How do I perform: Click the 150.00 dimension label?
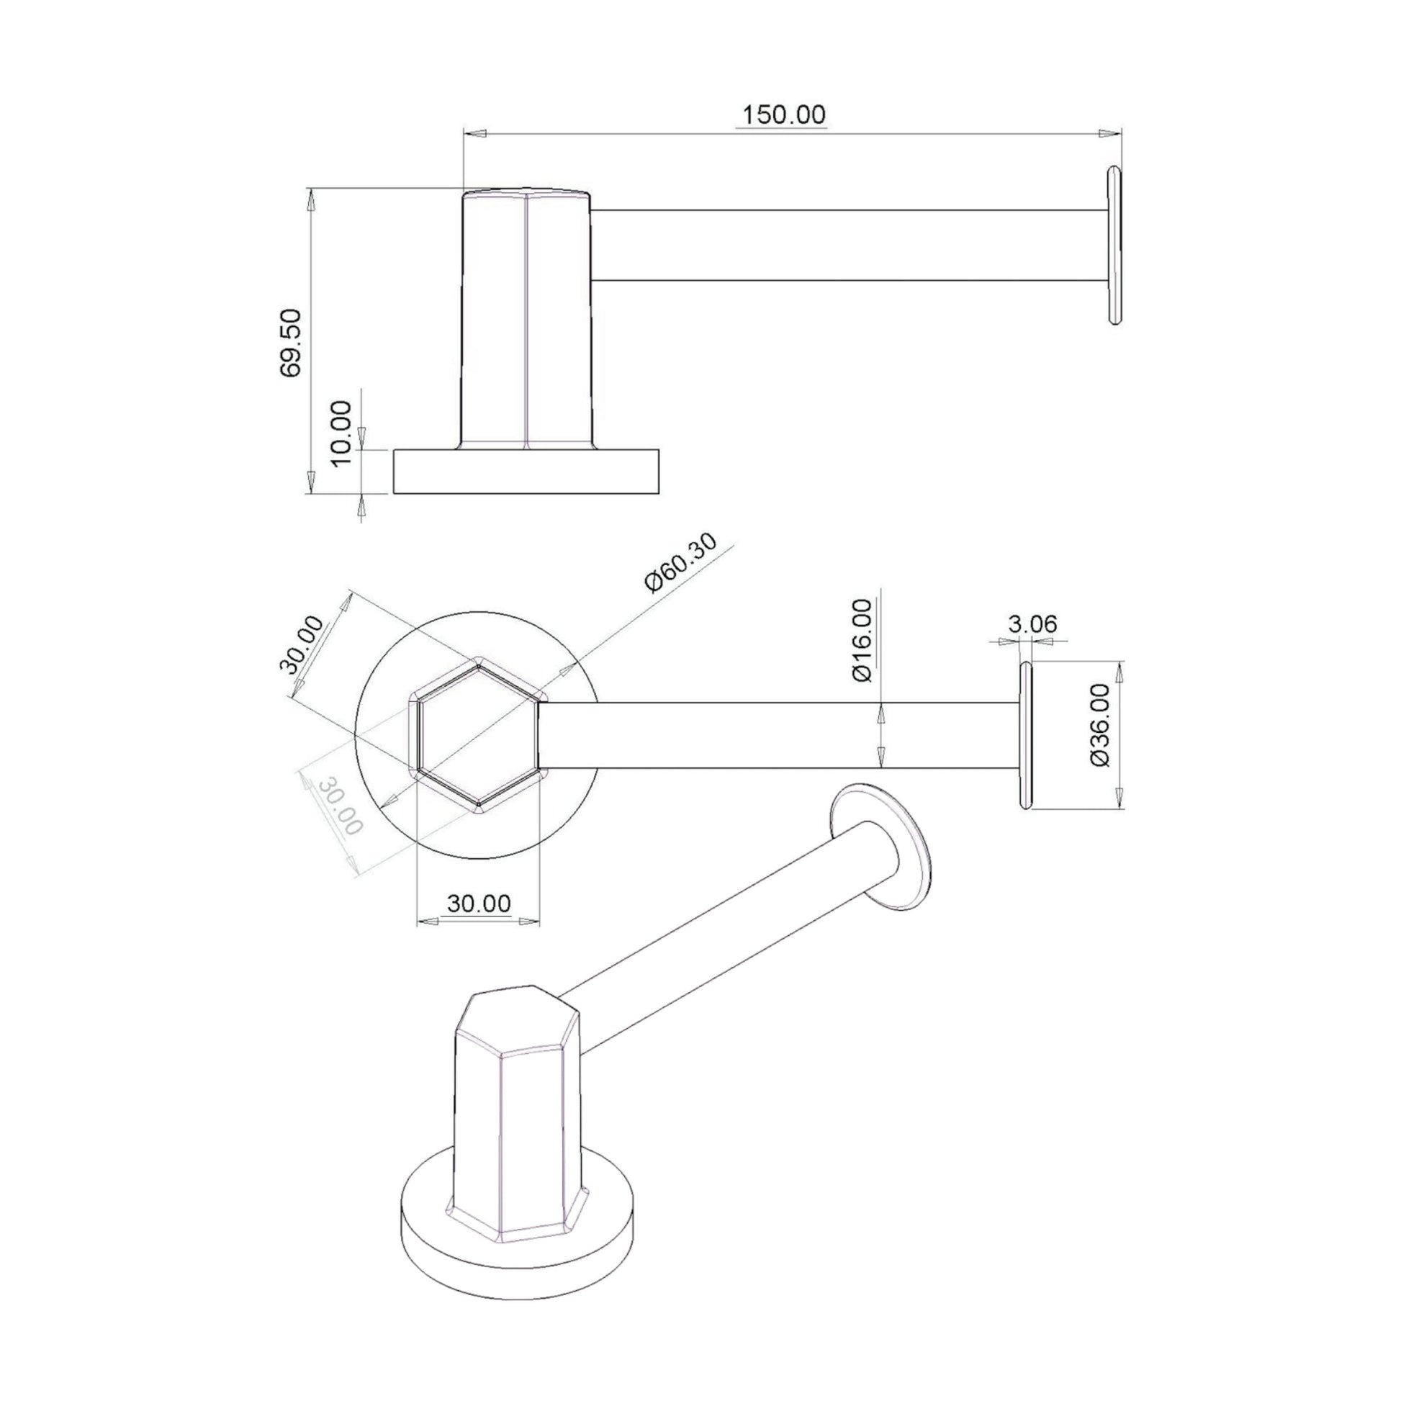click(x=784, y=115)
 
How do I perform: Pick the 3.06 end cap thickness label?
click(x=1032, y=623)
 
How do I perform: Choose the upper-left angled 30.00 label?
click(x=302, y=644)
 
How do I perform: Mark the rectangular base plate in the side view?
click(x=526, y=472)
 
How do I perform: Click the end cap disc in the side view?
click(x=1114, y=245)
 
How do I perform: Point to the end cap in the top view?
click(x=1025, y=735)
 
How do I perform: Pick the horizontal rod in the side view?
click(x=848, y=245)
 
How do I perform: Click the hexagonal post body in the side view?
click(x=527, y=319)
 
